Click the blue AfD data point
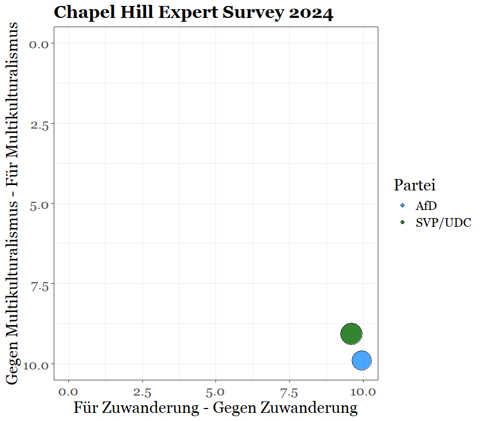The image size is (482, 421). point(361,360)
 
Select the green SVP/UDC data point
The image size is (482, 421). point(351,334)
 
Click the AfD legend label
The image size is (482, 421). point(426,206)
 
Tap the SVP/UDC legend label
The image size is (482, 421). point(443,222)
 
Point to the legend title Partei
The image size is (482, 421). point(415,185)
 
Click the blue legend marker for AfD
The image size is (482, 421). point(402,206)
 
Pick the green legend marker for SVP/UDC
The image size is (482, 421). point(402,222)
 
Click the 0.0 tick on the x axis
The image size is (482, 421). point(68,391)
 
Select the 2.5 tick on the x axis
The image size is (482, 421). point(142,391)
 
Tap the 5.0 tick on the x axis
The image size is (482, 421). point(216,391)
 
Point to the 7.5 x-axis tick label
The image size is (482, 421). point(290,391)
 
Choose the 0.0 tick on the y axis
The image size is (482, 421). point(40,44)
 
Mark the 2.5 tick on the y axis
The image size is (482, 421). point(40,124)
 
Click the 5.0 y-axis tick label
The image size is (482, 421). point(40,205)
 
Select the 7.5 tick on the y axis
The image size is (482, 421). point(40,284)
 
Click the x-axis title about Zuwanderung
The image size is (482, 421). point(215,408)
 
